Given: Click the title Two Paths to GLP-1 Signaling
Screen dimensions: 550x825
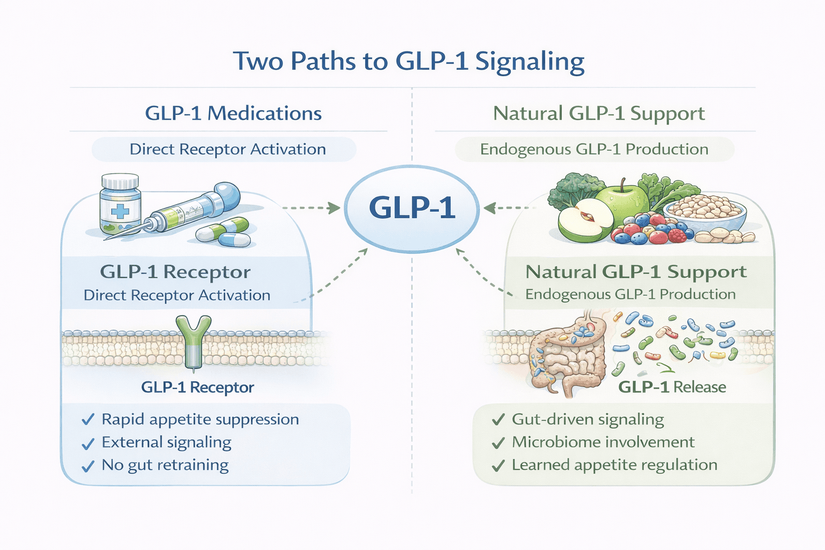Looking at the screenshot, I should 408,61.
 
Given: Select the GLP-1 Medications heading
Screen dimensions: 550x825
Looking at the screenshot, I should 233,113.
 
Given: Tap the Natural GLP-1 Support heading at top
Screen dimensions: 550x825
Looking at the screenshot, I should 598,113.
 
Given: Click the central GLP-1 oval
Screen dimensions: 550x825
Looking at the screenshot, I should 411,208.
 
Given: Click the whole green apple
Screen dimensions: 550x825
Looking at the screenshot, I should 623,204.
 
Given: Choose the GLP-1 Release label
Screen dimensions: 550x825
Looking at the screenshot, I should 671,387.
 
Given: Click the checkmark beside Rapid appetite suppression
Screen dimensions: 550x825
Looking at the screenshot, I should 88,420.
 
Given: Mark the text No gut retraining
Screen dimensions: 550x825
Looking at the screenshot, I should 165,465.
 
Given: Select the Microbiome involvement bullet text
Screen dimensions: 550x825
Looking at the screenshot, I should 603,442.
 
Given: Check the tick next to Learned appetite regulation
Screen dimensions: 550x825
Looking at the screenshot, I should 498,466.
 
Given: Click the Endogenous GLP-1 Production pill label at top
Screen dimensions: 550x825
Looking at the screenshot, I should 594,149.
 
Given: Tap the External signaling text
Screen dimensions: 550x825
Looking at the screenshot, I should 167,443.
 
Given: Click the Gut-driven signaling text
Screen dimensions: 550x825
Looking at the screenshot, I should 588,419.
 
